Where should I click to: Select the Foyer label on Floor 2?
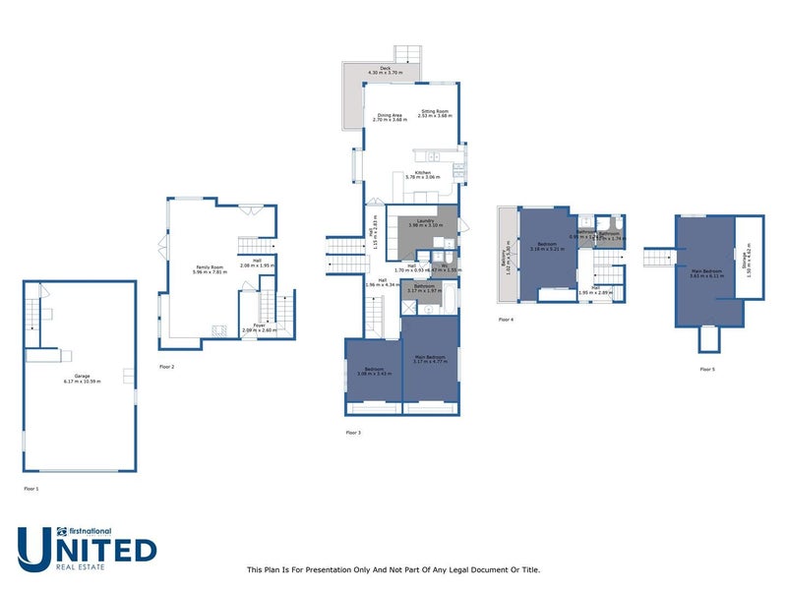click(260, 326)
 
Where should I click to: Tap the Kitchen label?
click(423, 174)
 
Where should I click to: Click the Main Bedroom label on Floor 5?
click(706, 273)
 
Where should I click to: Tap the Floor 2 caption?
click(166, 366)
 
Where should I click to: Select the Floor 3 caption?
click(353, 433)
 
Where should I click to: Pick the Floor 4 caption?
click(506, 320)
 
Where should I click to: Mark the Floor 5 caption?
click(707, 369)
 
